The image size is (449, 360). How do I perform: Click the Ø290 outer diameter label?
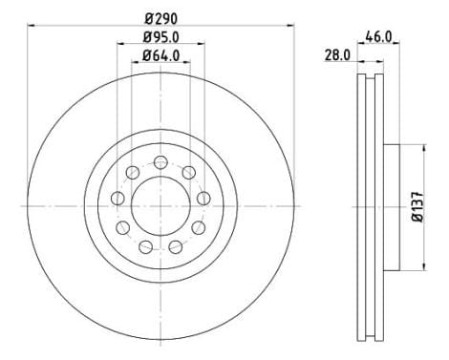point(160,18)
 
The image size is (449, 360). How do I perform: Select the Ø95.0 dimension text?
point(161,36)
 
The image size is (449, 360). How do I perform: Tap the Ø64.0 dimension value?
point(161,54)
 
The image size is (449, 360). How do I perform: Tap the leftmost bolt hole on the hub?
point(118,198)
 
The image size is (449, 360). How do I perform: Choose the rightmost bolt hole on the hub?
point(204,198)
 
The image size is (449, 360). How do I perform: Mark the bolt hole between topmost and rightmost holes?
point(189,171)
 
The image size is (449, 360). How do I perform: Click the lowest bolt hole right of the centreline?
point(176,247)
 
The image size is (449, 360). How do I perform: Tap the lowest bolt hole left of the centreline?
point(145,247)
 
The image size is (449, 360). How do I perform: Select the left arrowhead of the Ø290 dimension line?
point(30,27)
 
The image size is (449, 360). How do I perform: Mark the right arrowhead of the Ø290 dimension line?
point(291,27)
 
